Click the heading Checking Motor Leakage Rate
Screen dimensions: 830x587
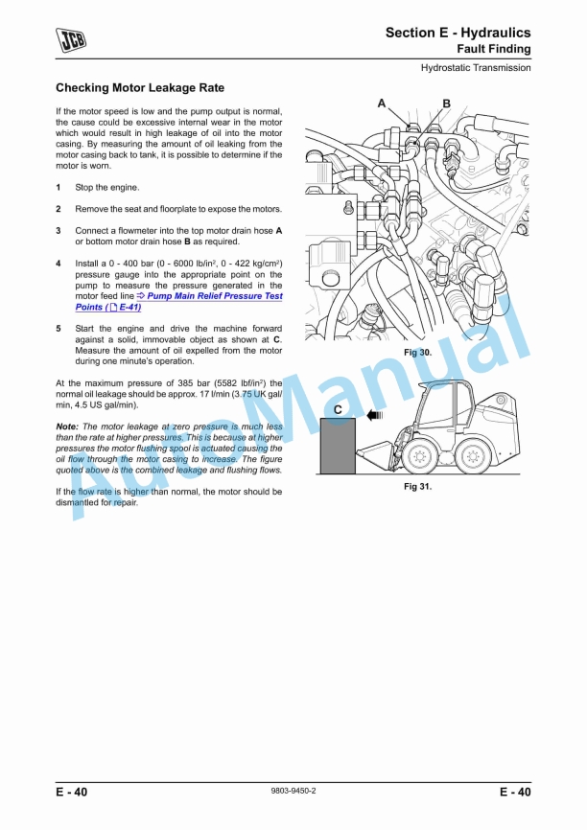coord(140,88)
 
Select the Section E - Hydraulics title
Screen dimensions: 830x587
coord(458,33)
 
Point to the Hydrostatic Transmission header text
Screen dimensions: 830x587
coord(476,68)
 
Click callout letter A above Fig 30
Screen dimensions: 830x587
coord(382,104)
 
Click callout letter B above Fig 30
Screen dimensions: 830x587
coord(446,104)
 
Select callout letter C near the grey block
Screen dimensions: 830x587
coord(339,409)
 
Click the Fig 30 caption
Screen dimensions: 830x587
coord(417,354)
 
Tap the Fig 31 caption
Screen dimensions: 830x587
coord(417,487)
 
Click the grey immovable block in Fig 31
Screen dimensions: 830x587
coord(338,447)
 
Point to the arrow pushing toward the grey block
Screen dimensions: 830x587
coord(373,417)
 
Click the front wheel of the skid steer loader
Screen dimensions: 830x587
coord(418,456)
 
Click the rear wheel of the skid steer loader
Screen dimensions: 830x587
coord(469,456)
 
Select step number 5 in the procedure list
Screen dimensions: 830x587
coord(59,328)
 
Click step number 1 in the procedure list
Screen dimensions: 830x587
coord(59,187)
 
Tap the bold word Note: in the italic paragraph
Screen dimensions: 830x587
coord(67,427)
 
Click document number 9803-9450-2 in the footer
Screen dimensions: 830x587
coord(293,791)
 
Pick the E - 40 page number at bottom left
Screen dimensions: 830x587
coord(72,792)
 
